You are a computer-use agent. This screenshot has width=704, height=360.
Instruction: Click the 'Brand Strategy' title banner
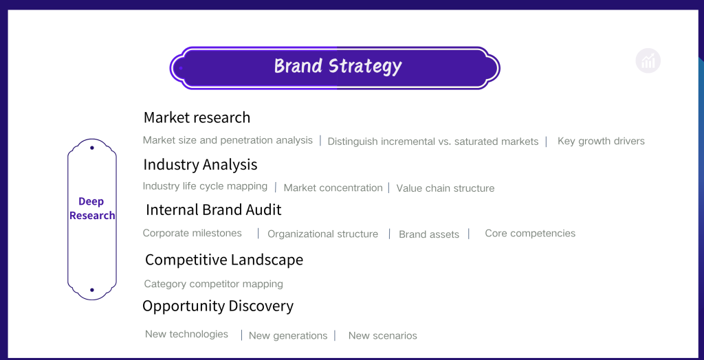[x=335, y=68]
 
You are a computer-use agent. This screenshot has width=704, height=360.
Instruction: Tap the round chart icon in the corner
[x=648, y=60]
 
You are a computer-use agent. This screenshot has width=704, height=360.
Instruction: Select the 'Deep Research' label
[x=92, y=208]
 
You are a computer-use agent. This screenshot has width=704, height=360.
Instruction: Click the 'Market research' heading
[x=197, y=117]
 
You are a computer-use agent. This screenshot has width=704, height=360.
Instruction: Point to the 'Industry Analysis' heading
[x=200, y=164]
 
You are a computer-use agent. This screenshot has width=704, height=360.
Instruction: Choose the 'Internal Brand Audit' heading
[x=214, y=210]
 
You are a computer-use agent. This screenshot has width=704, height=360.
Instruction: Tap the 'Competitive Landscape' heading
[x=224, y=260]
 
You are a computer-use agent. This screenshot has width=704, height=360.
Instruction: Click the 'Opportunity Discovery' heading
[x=218, y=306]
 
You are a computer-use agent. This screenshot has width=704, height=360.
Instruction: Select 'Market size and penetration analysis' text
[x=228, y=140]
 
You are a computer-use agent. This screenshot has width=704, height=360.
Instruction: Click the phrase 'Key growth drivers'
[x=601, y=141]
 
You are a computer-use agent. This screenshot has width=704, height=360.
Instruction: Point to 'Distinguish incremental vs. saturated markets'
[x=433, y=142]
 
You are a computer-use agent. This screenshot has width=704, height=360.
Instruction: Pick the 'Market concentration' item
[x=333, y=188]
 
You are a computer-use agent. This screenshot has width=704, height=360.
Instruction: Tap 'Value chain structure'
[x=445, y=188]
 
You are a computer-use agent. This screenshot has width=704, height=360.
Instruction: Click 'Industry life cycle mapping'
[x=205, y=185]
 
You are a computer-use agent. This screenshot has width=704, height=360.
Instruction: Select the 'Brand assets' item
[x=429, y=234]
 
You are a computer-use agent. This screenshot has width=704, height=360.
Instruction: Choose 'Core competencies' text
[x=530, y=234]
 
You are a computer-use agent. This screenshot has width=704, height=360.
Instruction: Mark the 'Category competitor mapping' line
[x=213, y=284]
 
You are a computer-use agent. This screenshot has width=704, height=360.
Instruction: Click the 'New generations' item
[x=288, y=336]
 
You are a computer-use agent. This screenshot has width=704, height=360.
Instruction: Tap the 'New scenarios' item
[x=382, y=336]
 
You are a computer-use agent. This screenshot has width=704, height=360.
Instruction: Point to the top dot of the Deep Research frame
[x=92, y=148]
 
